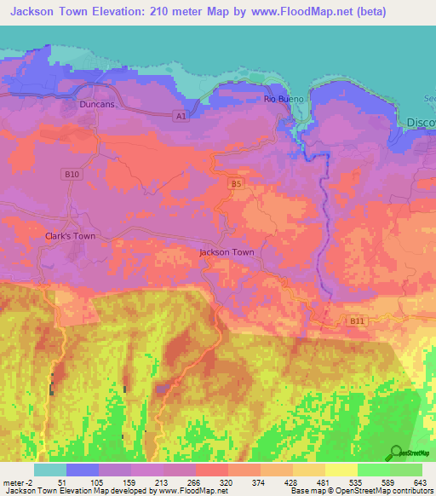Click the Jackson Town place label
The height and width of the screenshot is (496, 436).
point(227,253)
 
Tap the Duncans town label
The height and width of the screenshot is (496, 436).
point(95,104)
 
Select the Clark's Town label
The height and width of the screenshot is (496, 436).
point(70,236)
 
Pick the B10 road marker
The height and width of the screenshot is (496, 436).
point(73,174)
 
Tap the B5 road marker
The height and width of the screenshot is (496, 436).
point(237,182)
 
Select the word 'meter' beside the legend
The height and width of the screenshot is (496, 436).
point(12,482)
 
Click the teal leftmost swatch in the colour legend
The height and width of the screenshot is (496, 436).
point(50,470)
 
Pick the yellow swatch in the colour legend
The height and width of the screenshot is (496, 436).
point(341,470)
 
